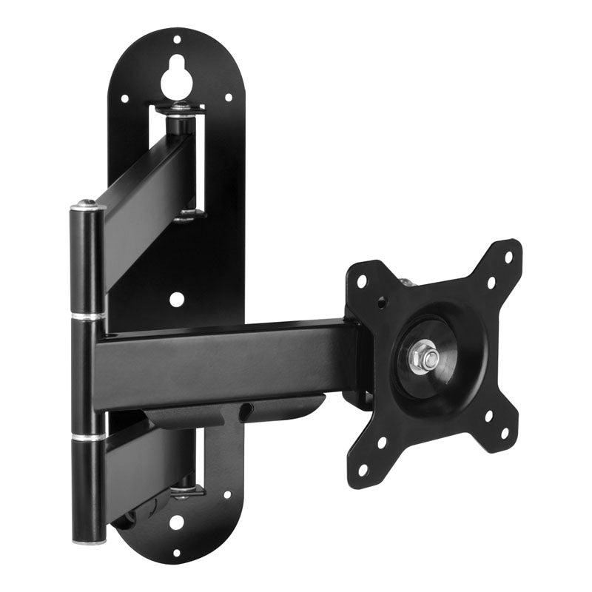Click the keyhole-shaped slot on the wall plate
(x=175, y=76)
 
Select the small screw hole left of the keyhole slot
(x=124, y=98)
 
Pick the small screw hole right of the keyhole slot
(x=228, y=96)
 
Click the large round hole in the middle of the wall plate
(x=176, y=299)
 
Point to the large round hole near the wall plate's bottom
(x=176, y=522)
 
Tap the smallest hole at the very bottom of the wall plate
(x=176, y=552)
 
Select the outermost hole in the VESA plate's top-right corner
(x=508, y=257)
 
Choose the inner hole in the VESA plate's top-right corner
(x=491, y=283)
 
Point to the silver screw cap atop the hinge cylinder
(x=87, y=205)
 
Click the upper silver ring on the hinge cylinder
(x=88, y=317)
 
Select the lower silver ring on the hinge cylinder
(x=88, y=437)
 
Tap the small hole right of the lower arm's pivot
(x=226, y=494)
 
